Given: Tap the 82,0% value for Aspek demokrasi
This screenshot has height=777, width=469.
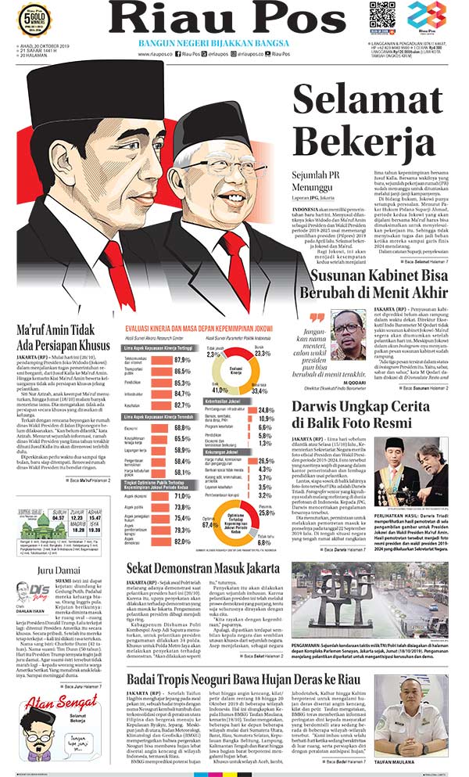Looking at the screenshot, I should tap(183, 541).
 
